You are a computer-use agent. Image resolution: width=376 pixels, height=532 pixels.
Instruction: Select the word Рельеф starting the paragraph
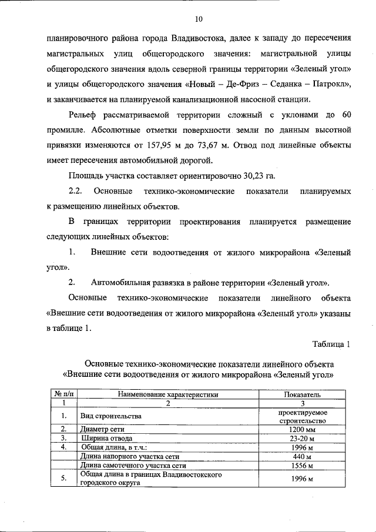click(85, 114)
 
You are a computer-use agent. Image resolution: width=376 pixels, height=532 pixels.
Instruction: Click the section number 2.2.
click(78, 191)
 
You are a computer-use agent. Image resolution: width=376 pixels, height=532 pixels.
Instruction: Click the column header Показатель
click(303, 395)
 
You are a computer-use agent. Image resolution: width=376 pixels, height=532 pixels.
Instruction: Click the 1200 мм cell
click(303, 429)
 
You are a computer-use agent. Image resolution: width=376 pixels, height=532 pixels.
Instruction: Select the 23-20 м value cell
click(303, 438)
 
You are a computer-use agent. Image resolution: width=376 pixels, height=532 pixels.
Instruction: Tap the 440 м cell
click(303, 456)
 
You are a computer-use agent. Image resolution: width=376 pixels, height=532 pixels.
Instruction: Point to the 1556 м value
click(303, 465)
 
